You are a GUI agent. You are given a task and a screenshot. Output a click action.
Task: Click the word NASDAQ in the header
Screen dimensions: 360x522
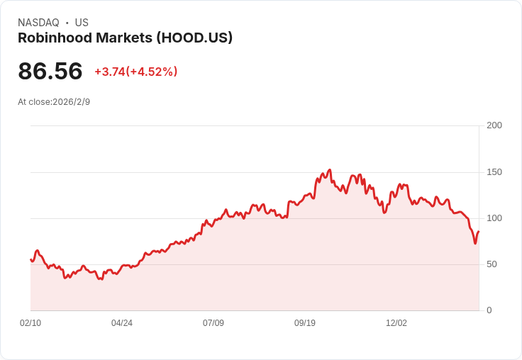(x=38, y=23)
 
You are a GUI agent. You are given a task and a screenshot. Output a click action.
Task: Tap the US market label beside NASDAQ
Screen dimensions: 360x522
(x=82, y=23)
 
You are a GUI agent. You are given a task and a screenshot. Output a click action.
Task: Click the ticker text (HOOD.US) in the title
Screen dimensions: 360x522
(x=190, y=38)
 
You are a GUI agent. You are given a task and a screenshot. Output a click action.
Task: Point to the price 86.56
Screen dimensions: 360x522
(x=50, y=71)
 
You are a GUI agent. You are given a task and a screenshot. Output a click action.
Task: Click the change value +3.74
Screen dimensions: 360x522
(x=109, y=72)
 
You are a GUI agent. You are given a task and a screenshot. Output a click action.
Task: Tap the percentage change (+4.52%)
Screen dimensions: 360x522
(x=152, y=72)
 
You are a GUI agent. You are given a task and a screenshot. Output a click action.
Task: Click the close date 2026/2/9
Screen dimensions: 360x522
(x=72, y=102)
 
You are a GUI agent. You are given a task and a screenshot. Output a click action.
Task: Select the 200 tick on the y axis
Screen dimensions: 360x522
(x=494, y=125)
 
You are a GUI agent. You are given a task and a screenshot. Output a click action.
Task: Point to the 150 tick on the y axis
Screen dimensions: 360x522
(x=494, y=172)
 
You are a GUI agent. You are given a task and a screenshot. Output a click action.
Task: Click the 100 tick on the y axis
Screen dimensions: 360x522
(x=494, y=218)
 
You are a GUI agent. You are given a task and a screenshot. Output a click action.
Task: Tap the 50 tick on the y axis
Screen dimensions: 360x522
(x=492, y=264)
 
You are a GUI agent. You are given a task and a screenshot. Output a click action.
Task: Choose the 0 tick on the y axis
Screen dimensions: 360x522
(x=489, y=310)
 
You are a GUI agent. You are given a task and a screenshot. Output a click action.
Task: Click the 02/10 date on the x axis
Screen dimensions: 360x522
(x=30, y=323)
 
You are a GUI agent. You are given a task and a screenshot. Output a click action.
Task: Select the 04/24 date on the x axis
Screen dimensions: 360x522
(x=122, y=323)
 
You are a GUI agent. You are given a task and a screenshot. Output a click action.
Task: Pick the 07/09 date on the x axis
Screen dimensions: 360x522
(x=213, y=323)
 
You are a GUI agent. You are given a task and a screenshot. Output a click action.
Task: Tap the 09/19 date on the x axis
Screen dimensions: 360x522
(x=305, y=323)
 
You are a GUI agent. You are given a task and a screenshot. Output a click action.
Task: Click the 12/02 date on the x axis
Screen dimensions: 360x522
(x=396, y=323)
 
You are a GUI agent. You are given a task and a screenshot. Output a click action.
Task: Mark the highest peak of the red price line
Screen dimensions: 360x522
(x=330, y=170)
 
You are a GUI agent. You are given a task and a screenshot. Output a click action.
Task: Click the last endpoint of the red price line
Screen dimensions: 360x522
(x=479, y=232)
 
